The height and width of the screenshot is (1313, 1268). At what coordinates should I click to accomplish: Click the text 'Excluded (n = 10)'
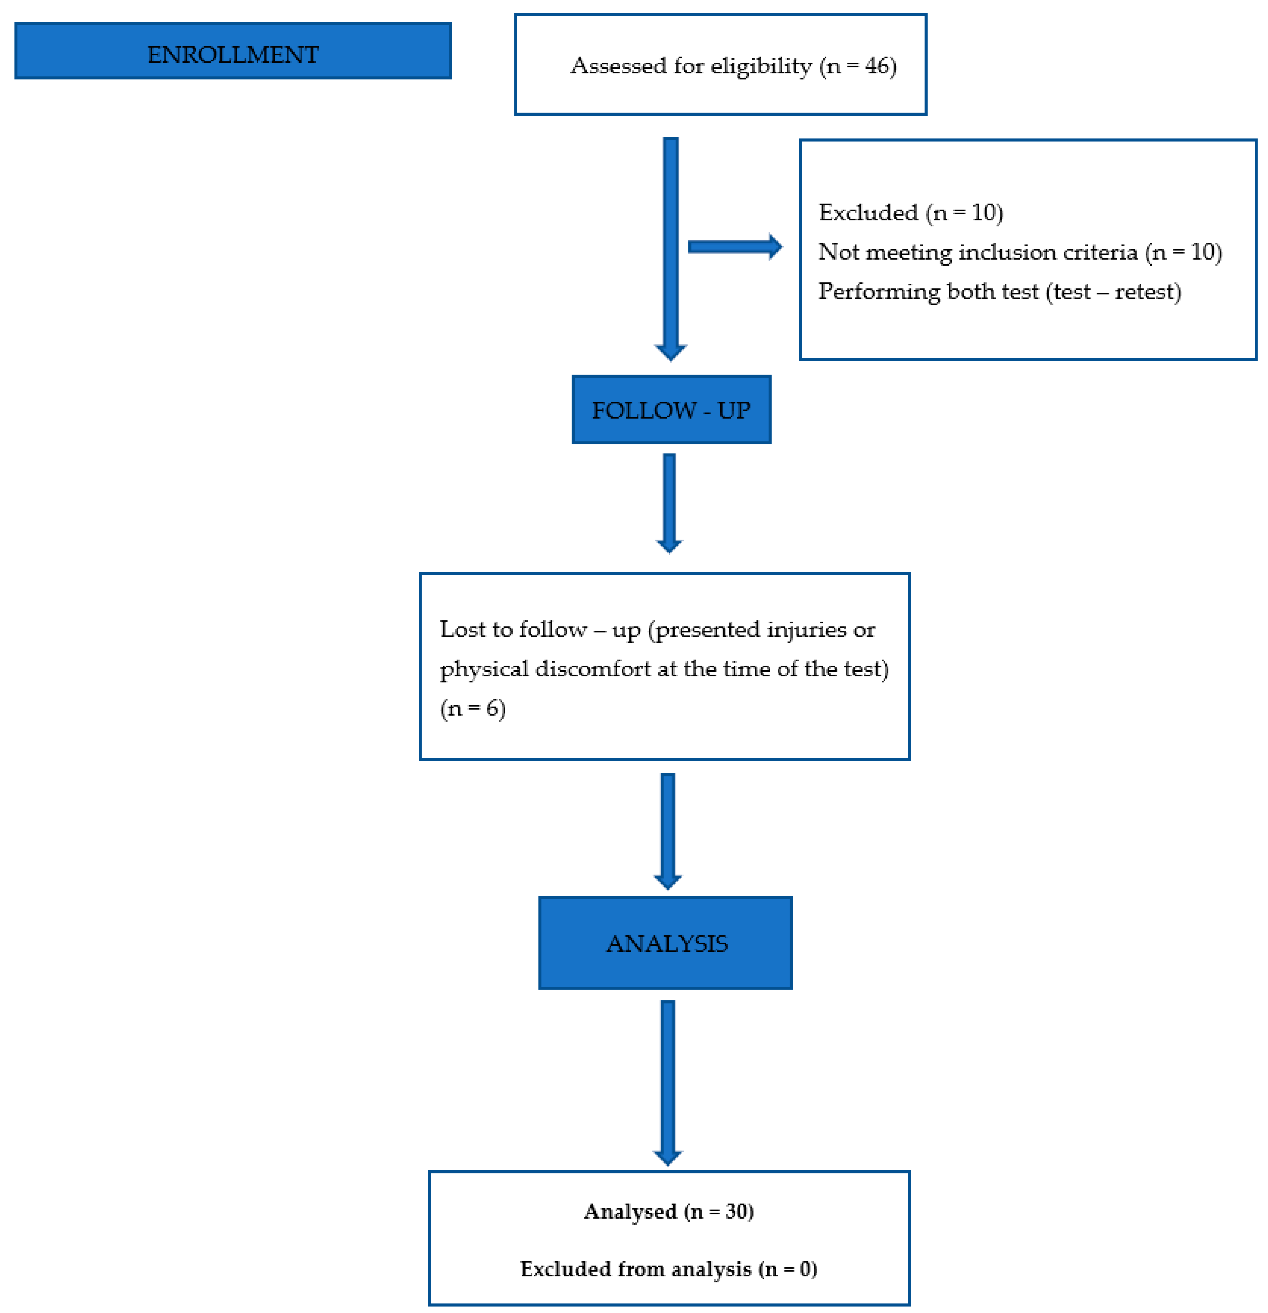[x=910, y=212]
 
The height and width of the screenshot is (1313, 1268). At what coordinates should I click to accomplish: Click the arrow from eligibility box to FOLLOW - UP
[x=670, y=248]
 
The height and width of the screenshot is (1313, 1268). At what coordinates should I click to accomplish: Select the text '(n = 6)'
[x=472, y=708]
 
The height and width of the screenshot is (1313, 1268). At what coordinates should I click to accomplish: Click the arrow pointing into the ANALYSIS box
[x=667, y=831]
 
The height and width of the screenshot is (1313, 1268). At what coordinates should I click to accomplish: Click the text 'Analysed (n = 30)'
[x=668, y=1211]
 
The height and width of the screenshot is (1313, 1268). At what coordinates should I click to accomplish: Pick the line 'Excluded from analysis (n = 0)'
[x=668, y=1269]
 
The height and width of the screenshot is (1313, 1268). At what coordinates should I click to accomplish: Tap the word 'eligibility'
[x=761, y=66]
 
